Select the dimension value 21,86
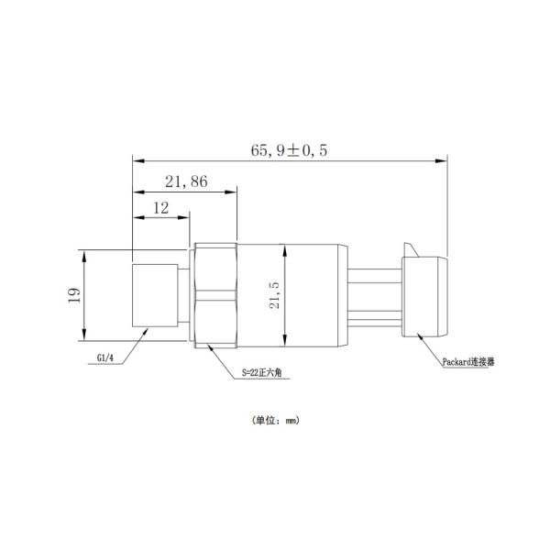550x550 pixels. (x=186, y=182)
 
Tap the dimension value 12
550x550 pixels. (x=161, y=208)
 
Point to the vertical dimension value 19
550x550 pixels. (x=74, y=293)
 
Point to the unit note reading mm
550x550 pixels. (x=275, y=421)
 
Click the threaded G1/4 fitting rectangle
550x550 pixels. (x=156, y=294)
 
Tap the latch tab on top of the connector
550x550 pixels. (x=409, y=248)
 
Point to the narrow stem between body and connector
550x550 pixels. (x=373, y=295)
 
